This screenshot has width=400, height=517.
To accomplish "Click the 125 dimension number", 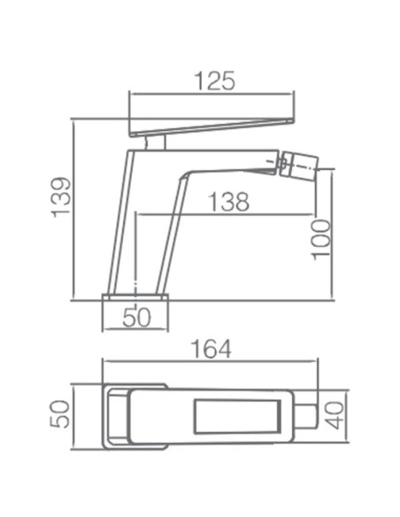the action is point(215,81).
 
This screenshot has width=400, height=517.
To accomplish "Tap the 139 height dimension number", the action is point(61,197).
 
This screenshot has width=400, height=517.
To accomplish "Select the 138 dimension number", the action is point(229,202).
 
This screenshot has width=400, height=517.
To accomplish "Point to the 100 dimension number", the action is point(321,240).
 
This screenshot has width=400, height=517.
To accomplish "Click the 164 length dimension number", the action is point(212,349).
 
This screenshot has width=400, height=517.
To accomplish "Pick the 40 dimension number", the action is point(335,415).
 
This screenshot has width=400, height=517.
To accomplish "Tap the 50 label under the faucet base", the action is point(137,318).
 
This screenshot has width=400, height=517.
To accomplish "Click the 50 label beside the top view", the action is point(60,414).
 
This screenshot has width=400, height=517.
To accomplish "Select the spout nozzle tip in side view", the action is point(299,164).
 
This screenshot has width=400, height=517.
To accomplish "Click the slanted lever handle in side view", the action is point(211,127).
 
